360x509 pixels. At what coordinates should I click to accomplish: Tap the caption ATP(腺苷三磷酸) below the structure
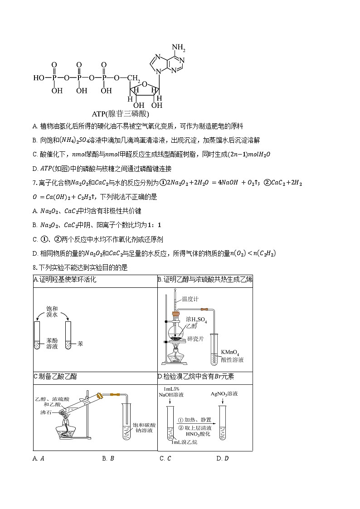point(120,114)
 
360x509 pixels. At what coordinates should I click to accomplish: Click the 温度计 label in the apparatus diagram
point(190,299)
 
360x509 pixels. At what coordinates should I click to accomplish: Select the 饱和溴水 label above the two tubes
point(52,311)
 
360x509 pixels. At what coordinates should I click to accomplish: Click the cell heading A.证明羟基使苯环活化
point(65,280)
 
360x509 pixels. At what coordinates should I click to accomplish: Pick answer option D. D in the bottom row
point(223,458)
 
